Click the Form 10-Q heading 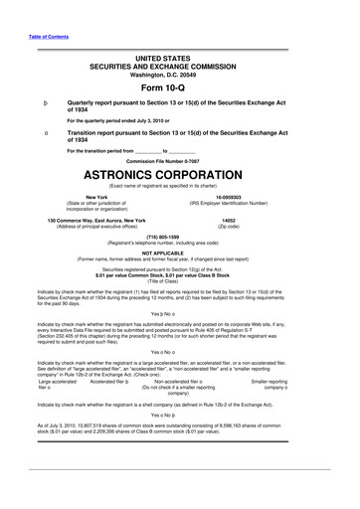click(x=179, y=88)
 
